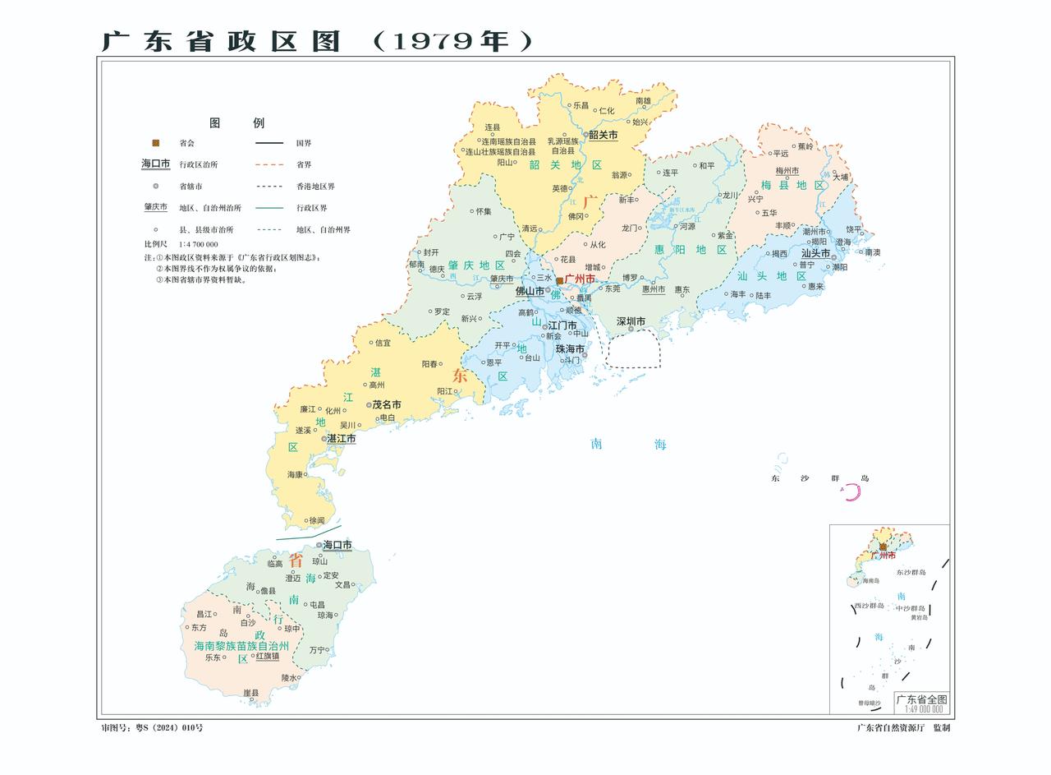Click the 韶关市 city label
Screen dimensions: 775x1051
click(x=603, y=135)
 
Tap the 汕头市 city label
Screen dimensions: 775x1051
click(x=816, y=254)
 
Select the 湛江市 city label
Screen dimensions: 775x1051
click(x=342, y=439)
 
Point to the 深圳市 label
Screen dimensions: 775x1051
click(x=631, y=321)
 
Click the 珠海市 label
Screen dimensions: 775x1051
click(x=570, y=349)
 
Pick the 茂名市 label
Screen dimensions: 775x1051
click(x=387, y=404)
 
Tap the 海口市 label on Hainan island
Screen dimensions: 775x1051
click(x=337, y=545)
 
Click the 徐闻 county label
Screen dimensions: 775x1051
click(x=316, y=520)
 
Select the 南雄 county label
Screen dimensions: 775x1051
click(x=643, y=101)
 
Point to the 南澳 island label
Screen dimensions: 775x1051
click(x=872, y=252)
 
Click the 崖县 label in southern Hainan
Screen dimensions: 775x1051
click(x=251, y=693)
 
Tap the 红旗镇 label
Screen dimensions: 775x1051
click(x=268, y=656)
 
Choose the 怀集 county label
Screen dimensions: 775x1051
click(x=484, y=211)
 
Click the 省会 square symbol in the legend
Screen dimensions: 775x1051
click(x=155, y=143)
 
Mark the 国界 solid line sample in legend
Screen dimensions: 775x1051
click(x=268, y=143)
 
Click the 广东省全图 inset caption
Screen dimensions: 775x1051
click(x=920, y=699)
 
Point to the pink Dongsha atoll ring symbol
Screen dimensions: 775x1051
click(x=852, y=492)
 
